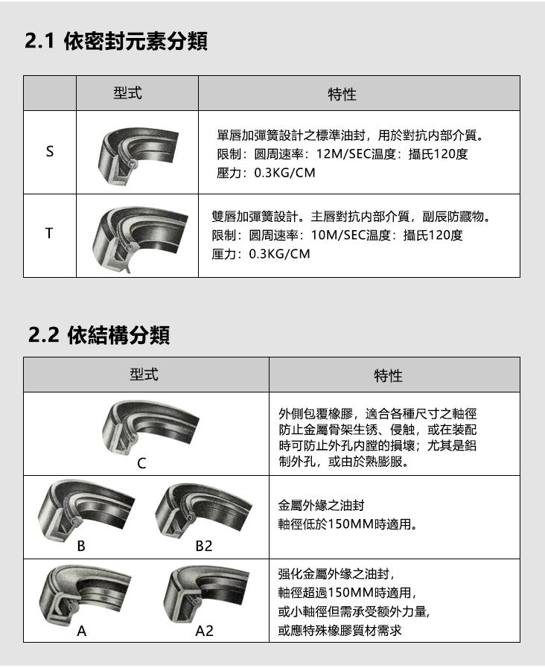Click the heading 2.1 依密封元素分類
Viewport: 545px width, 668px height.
(116, 42)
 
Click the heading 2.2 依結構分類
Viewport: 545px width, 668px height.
(99, 336)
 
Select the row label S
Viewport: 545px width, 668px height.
(50, 152)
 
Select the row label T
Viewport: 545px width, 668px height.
(50, 234)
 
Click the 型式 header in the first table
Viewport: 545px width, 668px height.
(127, 93)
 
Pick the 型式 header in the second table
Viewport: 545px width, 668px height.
(144, 374)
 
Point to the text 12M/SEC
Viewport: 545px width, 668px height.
(341, 155)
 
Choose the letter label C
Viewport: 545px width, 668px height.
(141, 463)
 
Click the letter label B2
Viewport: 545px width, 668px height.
(203, 547)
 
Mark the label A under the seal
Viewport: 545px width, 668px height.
(82, 632)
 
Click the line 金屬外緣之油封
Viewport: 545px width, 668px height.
(321, 504)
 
